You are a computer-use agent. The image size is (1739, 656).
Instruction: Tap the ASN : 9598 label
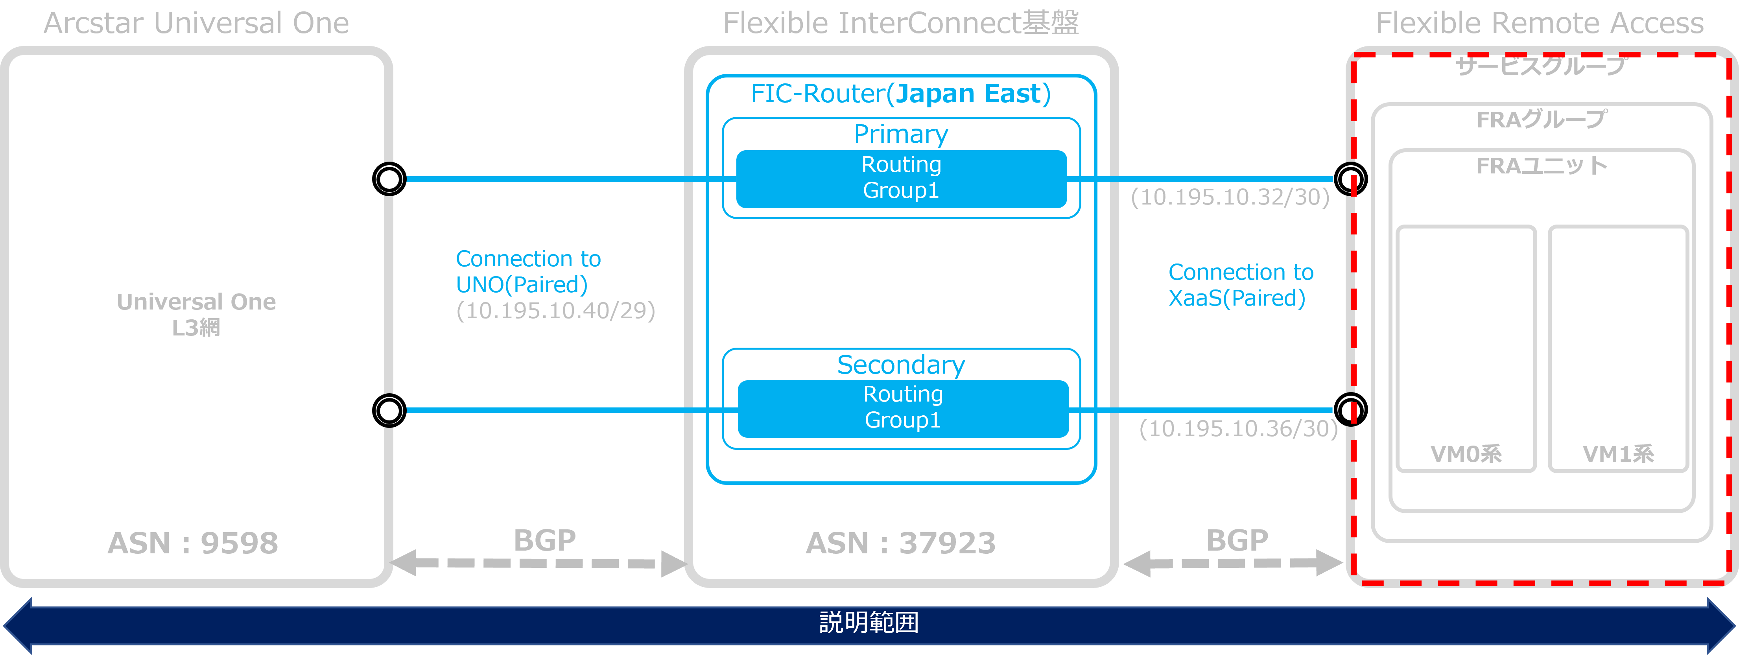pos(193,543)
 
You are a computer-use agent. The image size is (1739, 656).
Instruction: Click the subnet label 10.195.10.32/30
pos(1230,197)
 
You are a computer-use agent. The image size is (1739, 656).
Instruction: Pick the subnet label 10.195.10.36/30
pos(1239,429)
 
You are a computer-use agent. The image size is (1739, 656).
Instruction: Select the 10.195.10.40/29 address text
pos(555,310)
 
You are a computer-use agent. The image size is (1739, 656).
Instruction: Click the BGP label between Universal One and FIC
pos(545,540)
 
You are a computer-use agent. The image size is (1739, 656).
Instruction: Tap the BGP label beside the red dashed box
pos(1237,540)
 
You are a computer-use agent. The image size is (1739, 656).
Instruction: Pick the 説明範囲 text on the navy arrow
pos(869,621)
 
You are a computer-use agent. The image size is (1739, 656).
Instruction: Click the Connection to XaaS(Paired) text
pos(1241,285)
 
